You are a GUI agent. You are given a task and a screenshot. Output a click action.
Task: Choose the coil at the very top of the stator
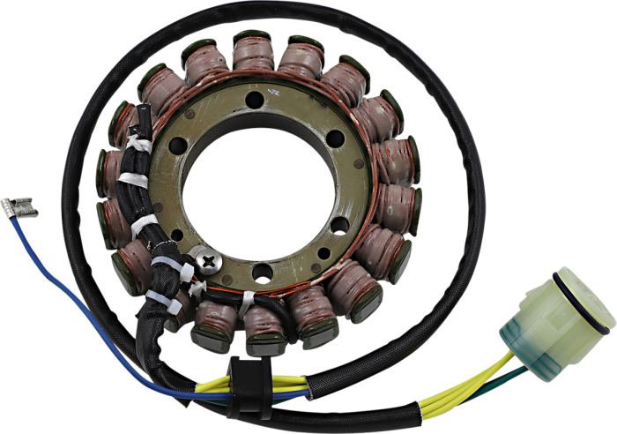[x=254, y=49]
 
